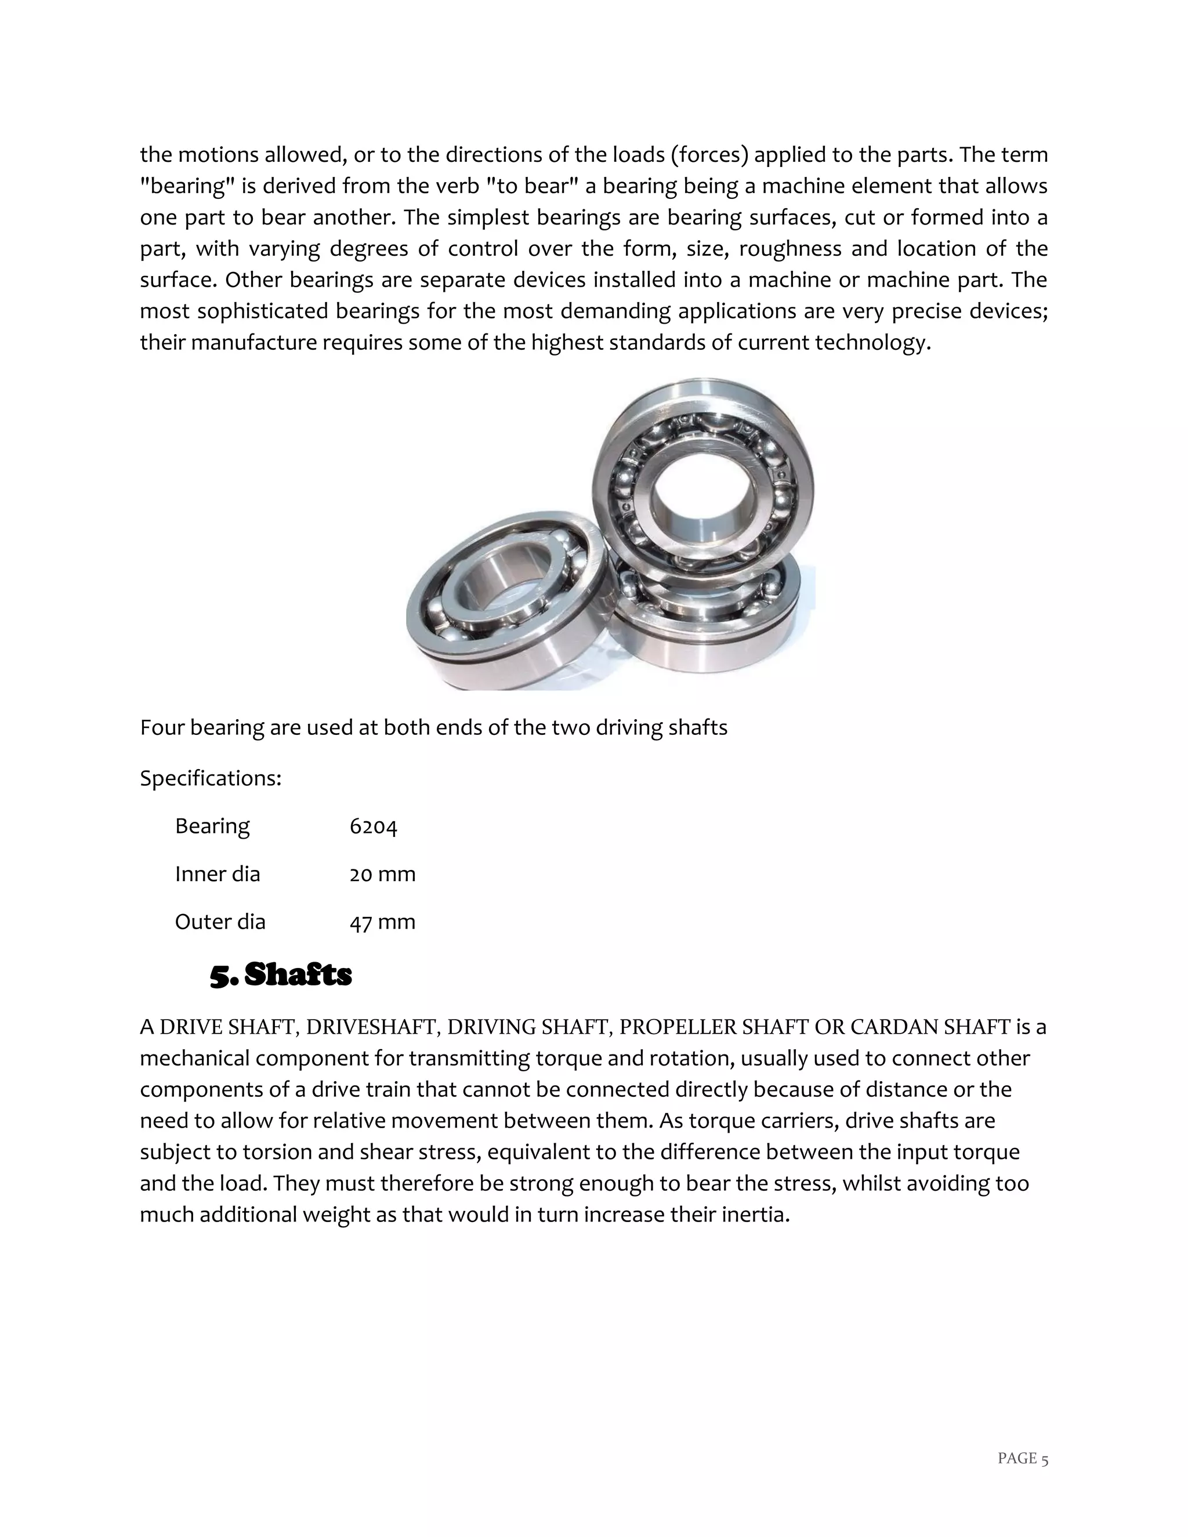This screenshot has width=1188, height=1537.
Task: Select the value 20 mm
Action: click(382, 875)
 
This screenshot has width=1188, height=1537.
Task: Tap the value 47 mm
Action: click(382, 923)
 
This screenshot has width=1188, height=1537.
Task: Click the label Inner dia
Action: click(217, 875)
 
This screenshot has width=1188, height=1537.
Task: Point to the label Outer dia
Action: click(220, 923)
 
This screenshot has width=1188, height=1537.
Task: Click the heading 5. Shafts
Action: click(281, 976)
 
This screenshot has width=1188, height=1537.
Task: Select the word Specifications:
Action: click(211, 778)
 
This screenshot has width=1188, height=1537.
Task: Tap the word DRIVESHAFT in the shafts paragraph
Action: click(372, 1028)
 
